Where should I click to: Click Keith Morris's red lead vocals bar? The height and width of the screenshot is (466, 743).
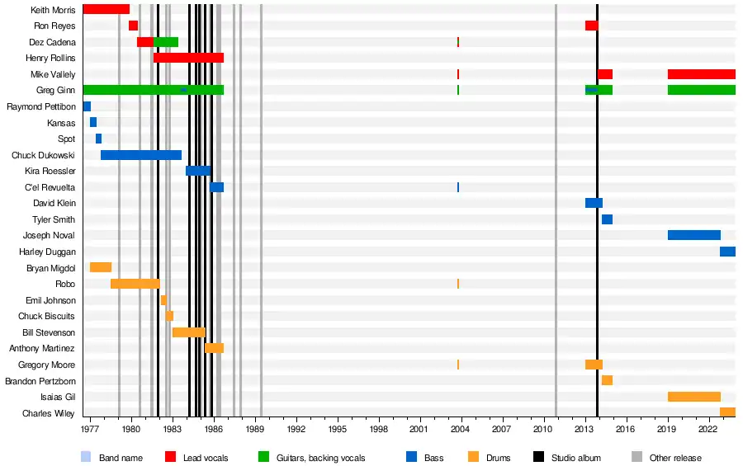point(106,9)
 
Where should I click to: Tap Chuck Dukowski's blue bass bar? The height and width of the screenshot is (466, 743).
point(141,155)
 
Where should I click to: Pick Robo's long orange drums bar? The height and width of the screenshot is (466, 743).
point(135,284)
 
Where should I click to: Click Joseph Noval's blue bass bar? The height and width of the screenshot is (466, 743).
point(693,235)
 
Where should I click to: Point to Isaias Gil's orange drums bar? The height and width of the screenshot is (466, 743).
point(693,397)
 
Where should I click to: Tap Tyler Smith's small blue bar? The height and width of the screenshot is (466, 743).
point(607,219)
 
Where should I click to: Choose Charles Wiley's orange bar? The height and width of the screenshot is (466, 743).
point(727,412)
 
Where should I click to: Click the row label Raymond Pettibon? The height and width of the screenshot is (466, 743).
point(40,106)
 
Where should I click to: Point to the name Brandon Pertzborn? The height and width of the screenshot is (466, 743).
point(40,381)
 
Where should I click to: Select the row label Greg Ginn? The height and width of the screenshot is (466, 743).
point(56,90)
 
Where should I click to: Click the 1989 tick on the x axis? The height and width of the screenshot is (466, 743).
point(254,431)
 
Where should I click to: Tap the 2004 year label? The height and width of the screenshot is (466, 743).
point(460,431)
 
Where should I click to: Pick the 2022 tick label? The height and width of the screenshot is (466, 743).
point(708,431)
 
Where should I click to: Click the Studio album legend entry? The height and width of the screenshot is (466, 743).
point(575,458)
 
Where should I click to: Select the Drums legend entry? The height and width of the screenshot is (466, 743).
point(498,458)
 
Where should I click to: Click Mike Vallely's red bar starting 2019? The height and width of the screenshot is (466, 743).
point(701,74)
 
